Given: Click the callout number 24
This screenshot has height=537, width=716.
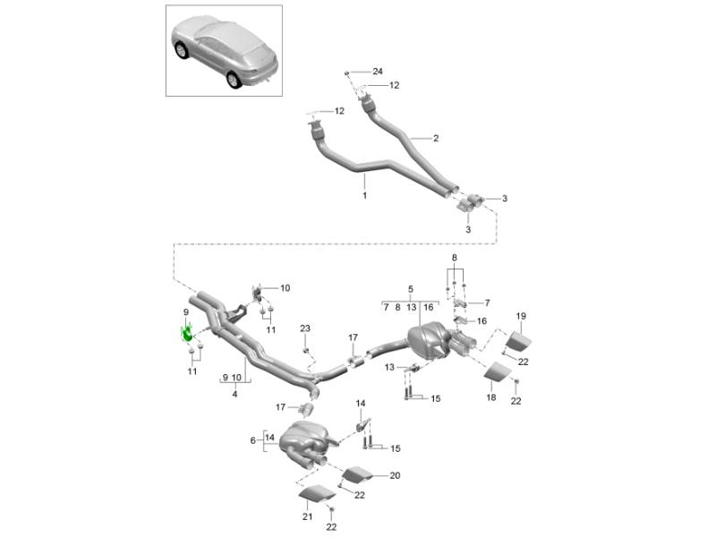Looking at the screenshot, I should [377, 71].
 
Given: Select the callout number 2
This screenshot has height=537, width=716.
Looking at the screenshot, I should [436, 138].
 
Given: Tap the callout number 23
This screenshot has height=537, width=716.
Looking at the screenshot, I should [305, 329].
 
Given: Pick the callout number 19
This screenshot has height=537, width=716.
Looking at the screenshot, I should [521, 316].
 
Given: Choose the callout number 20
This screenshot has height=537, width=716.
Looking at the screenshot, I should [396, 476].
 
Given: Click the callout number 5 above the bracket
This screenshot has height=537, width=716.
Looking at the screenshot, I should [411, 290].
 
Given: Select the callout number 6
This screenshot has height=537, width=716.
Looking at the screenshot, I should [254, 440].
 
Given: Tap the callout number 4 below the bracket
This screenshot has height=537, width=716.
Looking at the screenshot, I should [234, 394].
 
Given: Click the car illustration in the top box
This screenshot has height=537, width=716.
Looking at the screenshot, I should [223, 51].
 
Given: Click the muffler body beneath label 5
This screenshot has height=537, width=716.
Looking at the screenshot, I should [428, 343].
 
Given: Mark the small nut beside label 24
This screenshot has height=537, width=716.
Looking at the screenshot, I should [352, 71].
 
